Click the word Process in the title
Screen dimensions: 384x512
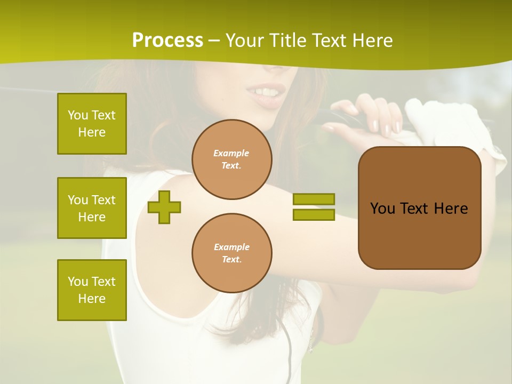pos(167,40)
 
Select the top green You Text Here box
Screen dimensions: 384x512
pos(92,124)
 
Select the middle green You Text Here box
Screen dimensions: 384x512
pos(92,208)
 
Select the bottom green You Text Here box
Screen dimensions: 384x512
pos(92,290)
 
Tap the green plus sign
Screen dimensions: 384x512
pos(164,207)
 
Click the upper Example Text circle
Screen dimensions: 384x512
pos(231,159)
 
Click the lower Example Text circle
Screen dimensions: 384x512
pos(231,253)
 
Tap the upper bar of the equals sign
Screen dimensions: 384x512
pos(314,199)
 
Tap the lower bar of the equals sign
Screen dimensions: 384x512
pos(314,215)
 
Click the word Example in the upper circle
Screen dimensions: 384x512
pos(231,153)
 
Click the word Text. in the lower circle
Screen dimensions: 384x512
pos(231,260)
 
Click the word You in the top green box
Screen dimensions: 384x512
pos(78,115)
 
